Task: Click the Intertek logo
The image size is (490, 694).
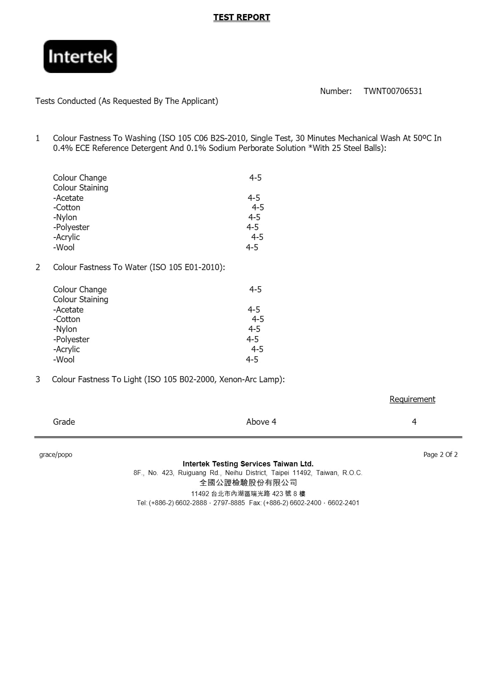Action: (80, 56)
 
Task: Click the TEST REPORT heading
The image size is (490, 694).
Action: (241, 17)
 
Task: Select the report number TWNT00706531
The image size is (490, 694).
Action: (393, 91)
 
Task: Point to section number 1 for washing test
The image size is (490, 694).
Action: (38, 138)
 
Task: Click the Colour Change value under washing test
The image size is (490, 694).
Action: (255, 178)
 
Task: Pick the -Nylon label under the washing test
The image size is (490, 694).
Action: (65, 217)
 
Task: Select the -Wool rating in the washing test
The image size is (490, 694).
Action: (252, 247)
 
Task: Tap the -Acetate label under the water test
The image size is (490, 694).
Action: (68, 310)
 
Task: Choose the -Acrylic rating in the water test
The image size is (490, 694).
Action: (257, 349)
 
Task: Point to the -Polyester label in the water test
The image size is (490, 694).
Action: (71, 339)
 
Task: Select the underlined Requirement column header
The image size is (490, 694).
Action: (412, 399)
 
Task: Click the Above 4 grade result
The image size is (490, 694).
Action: (261, 422)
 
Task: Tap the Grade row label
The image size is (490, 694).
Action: (64, 422)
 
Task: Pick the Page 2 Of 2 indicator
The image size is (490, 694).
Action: (440, 454)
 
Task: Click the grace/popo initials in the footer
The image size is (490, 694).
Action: (56, 454)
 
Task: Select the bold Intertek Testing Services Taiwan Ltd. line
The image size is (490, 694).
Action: (248, 464)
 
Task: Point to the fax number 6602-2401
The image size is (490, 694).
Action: (343, 503)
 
